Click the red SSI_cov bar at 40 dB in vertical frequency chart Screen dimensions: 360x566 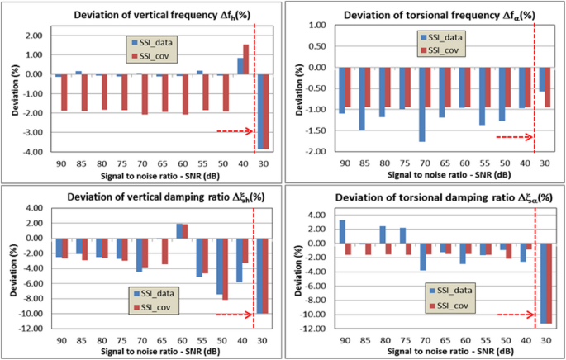[x=245, y=59]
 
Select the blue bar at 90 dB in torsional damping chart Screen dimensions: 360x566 [x=342, y=232]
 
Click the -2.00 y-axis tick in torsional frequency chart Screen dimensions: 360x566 [x=316, y=152]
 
